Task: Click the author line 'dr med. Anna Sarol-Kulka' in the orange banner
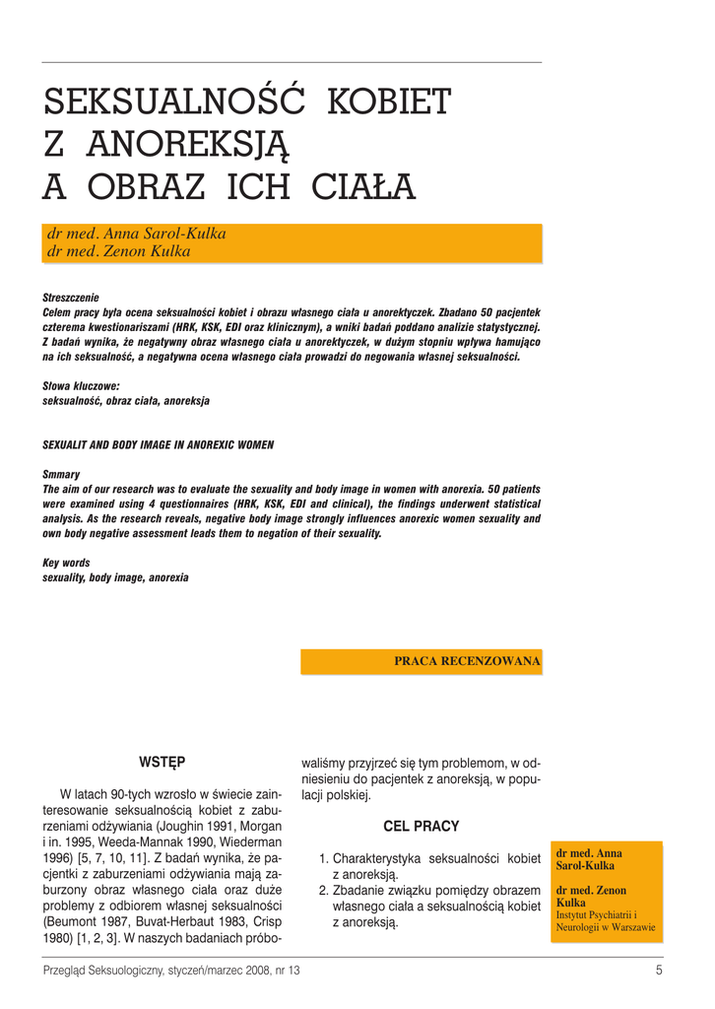pos(137,235)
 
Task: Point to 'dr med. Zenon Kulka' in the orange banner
pos(119,251)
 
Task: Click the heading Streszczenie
pos(70,298)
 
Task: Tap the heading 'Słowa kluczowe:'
pos(81,387)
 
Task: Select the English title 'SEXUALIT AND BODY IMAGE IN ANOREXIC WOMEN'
pos(158,445)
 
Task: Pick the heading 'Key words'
pos(66,563)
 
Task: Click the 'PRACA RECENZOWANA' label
pos(467,661)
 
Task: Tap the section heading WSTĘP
pos(162,762)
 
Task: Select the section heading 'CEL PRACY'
pos(421,826)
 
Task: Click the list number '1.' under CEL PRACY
pos(324,858)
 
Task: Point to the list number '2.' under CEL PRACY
pos(324,891)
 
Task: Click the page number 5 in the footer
pos(658,971)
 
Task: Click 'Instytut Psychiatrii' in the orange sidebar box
pos(593,915)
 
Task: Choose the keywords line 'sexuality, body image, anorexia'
pos(115,577)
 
